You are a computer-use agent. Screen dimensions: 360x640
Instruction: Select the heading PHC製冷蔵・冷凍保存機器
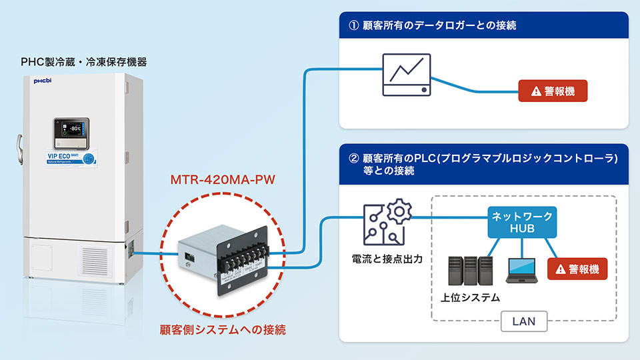[x=84, y=62]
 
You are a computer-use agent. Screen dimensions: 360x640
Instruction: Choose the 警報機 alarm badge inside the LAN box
[x=577, y=269]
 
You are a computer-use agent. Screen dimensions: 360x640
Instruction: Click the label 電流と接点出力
[x=385, y=257]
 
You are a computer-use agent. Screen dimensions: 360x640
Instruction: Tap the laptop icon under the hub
[x=523, y=270]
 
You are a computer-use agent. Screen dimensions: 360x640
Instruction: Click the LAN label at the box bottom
[x=522, y=321]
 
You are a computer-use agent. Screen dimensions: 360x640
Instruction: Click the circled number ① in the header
[x=354, y=25]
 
